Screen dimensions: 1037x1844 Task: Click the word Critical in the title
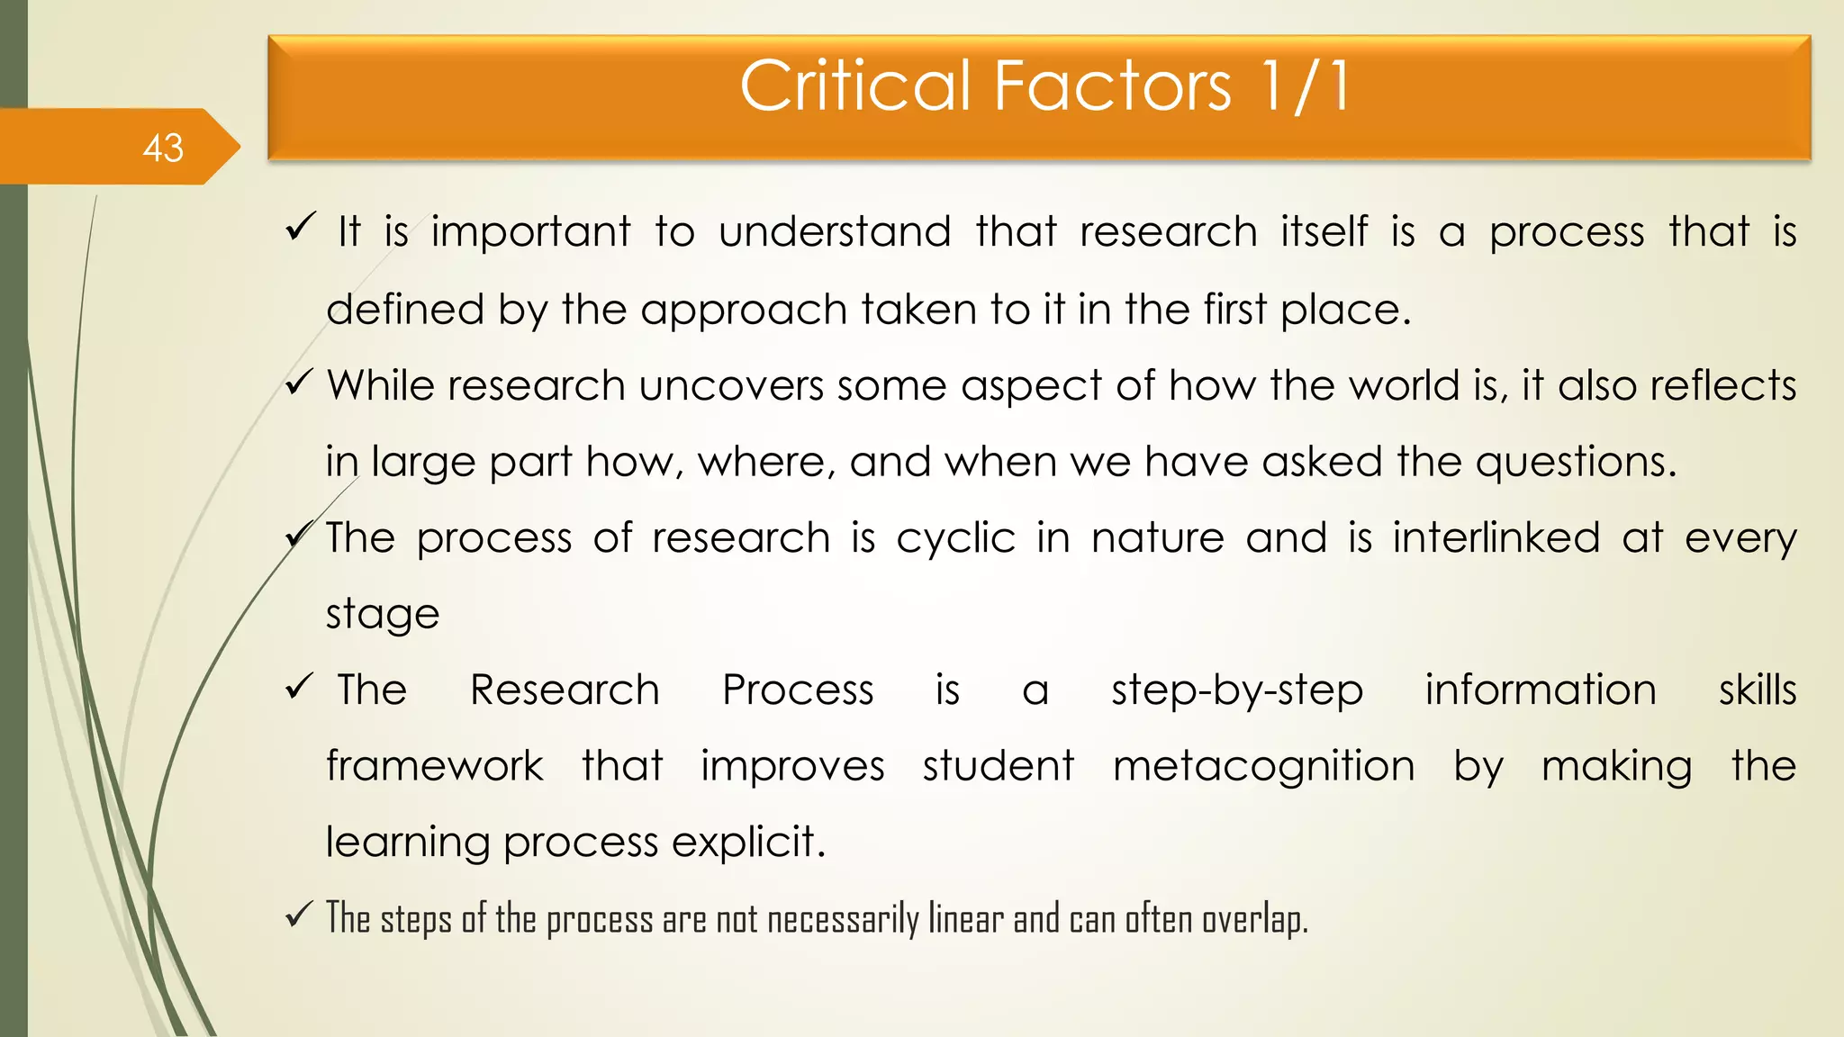855,86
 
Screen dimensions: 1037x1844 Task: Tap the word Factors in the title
1113,86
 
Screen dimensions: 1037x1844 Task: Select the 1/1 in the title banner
1306,86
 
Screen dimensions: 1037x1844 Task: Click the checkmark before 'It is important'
300,227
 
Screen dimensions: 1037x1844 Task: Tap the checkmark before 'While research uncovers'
300,384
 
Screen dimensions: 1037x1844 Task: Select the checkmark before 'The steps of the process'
300,916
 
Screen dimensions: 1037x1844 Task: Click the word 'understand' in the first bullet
835,232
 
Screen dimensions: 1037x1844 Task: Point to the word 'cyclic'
955,538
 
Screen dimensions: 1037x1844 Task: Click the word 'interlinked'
1496,538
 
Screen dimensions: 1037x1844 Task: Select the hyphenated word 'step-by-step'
1237,691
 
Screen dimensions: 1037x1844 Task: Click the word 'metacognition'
1264,767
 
